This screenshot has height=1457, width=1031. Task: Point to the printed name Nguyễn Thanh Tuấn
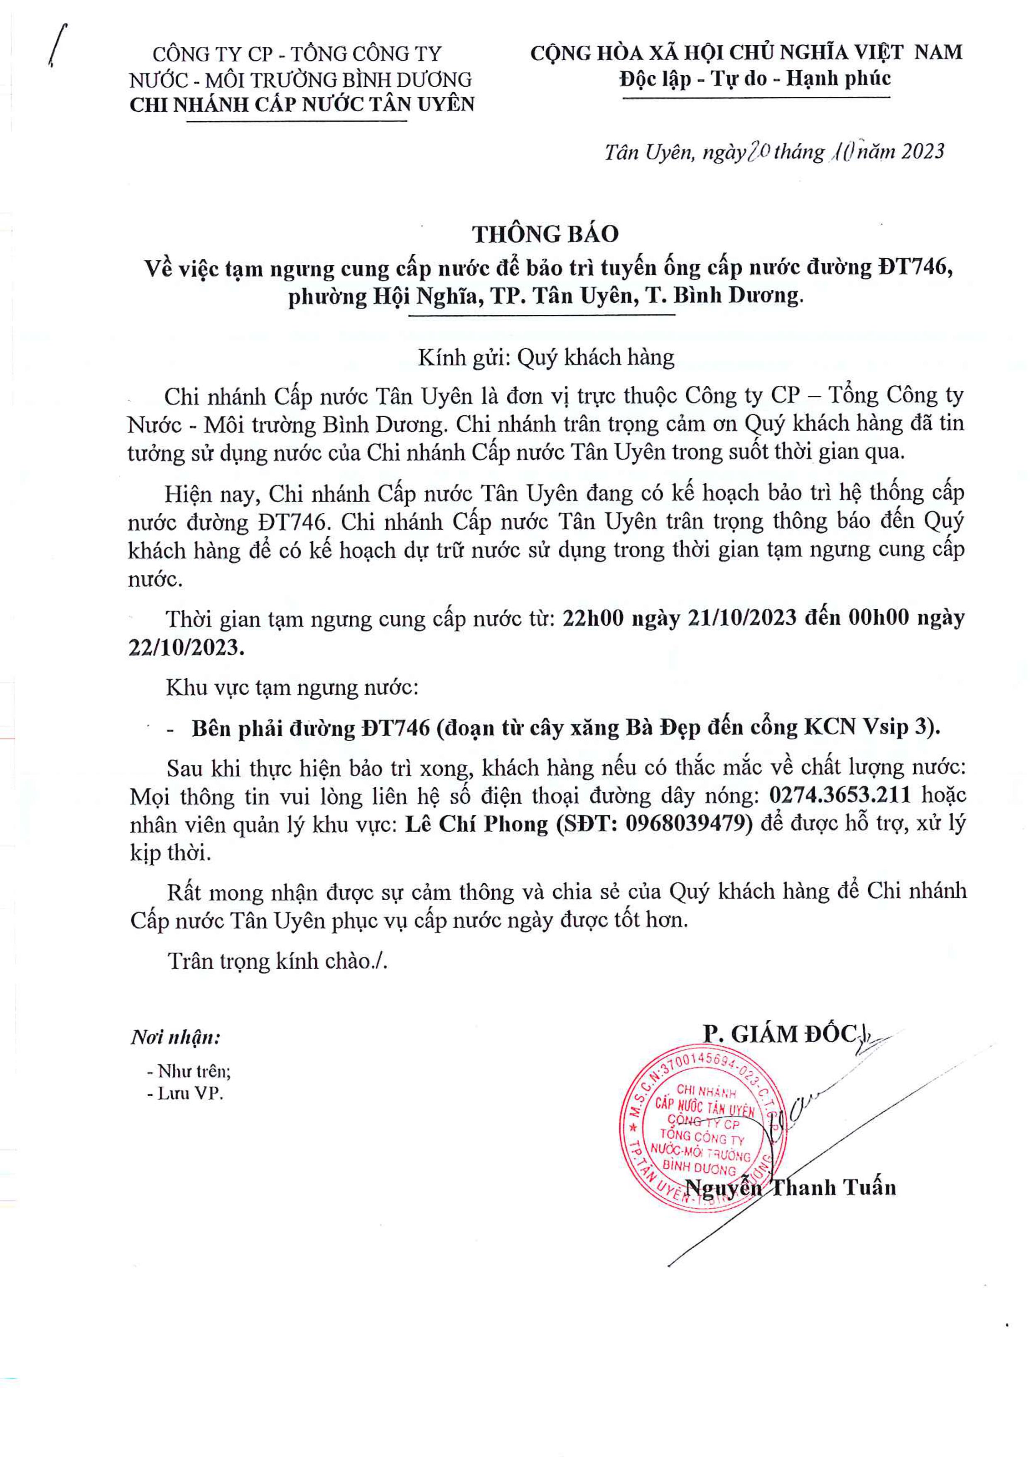[791, 1187]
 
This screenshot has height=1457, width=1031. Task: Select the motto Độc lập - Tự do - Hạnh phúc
[755, 79]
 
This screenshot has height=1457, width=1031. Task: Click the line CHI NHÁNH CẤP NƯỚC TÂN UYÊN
[302, 105]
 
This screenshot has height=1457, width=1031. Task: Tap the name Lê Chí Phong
[476, 824]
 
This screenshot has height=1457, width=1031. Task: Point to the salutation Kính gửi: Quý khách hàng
[545, 358]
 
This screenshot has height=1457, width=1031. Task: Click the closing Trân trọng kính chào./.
[277, 961]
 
